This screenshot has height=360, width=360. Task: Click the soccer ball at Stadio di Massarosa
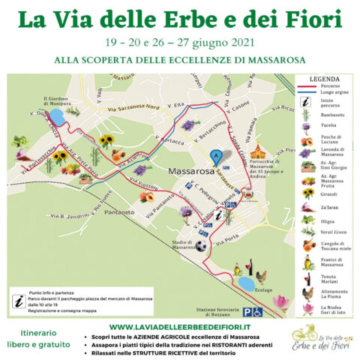pos(201,245)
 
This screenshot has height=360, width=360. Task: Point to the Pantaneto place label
pos(99,212)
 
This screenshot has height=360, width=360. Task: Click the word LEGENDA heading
pos(325,78)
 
